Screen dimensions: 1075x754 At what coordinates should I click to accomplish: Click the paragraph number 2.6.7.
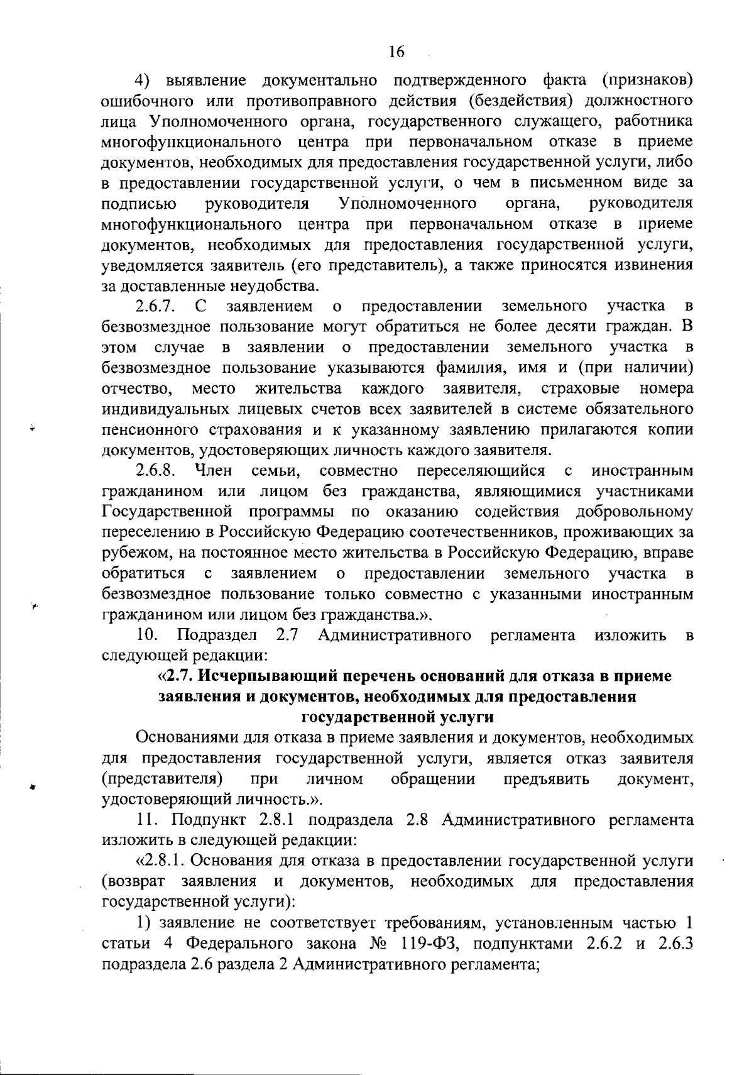[155, 306]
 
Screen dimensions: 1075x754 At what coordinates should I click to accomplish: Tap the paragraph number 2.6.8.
[155, 471]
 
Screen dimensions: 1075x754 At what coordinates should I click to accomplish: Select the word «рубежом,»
[133, 553]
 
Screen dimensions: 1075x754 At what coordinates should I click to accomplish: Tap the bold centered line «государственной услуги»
[398, 717]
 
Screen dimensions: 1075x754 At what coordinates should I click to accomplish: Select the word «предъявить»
[547, 780]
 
